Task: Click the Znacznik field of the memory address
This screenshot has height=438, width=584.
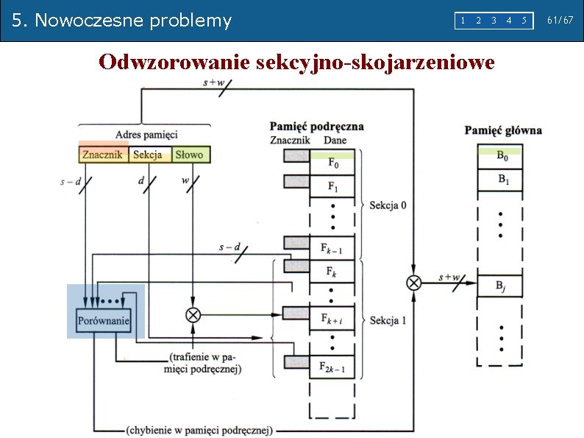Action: click(x=102, y=155)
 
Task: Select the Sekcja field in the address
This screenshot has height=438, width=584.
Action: click(x=148, y=155)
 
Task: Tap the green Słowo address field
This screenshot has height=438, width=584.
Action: click(x=190, y=155)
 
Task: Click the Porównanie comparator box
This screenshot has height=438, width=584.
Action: click(x=104, y=320)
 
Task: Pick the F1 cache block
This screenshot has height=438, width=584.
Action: click(x=333, y=186)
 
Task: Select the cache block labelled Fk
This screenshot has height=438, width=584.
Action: click(x=333, y=272)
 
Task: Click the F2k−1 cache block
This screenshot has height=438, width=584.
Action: click(x=333, y=366)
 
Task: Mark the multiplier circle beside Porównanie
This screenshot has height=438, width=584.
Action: click(x=193, y=315)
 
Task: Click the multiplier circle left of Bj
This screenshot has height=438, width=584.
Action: click(x=413, y=282)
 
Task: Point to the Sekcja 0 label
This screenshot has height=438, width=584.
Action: click(x=388, y=205)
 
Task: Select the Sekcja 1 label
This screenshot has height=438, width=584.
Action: click(x=388, y=320)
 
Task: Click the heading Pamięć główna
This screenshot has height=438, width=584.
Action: click(x=503, y=130)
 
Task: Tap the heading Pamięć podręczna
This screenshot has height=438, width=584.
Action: click(x=316, y=127)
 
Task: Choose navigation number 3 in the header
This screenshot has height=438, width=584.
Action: click(x=494, y=21)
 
